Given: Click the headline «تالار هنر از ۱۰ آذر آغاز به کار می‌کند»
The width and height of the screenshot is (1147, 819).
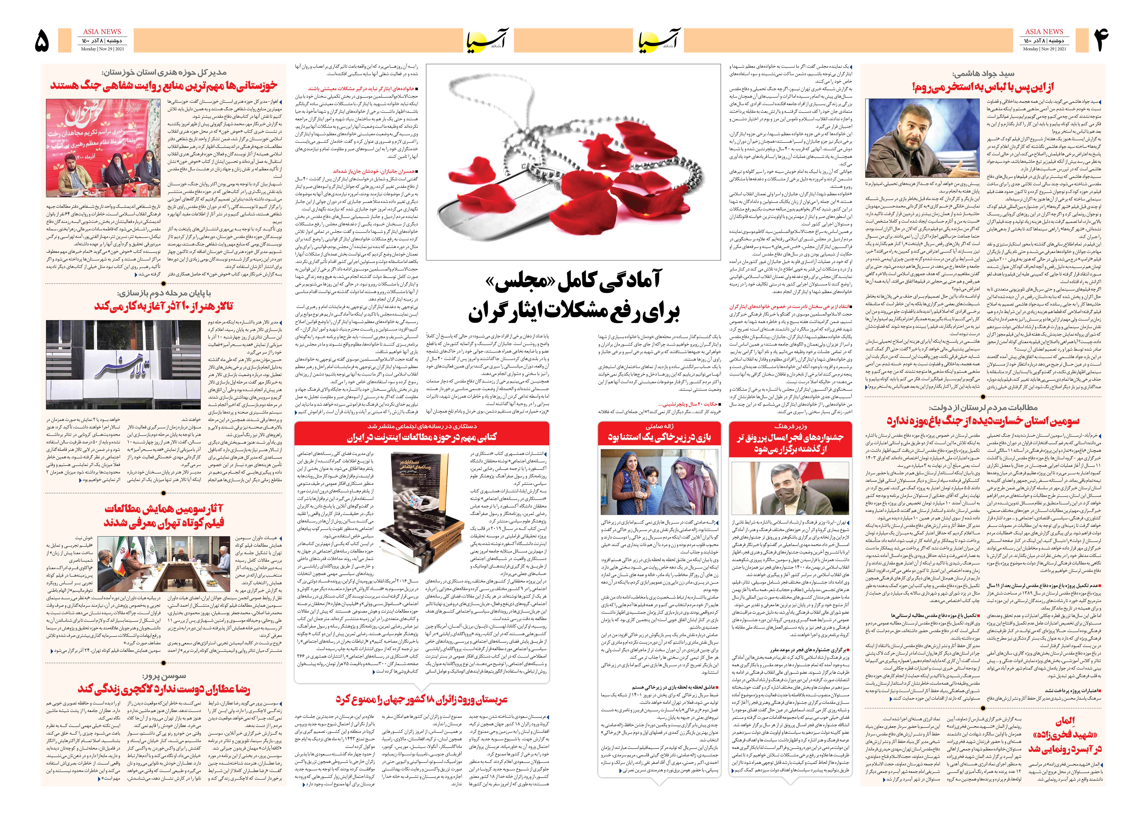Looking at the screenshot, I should coord(164,306).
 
